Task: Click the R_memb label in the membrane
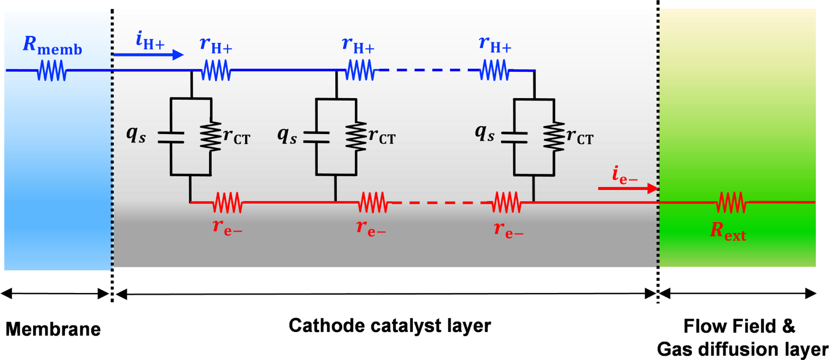[52, 46]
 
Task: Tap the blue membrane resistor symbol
[52, 70]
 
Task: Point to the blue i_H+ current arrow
[148, 54]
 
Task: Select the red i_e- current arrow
[628, 188]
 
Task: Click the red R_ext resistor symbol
[731, 202]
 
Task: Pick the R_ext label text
[728, 231]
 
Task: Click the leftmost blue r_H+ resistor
[216, 70]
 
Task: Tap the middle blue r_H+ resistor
[360, 70]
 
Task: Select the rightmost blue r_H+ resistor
[495, 70]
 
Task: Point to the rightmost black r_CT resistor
[554, 137]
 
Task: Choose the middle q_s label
[287, 135]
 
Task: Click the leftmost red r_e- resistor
[228, 202]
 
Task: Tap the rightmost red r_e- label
[508, 229]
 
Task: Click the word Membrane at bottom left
[53, 329]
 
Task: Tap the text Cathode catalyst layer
[390, 326]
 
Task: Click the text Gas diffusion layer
[742, 349]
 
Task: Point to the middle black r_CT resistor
[356, 137]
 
